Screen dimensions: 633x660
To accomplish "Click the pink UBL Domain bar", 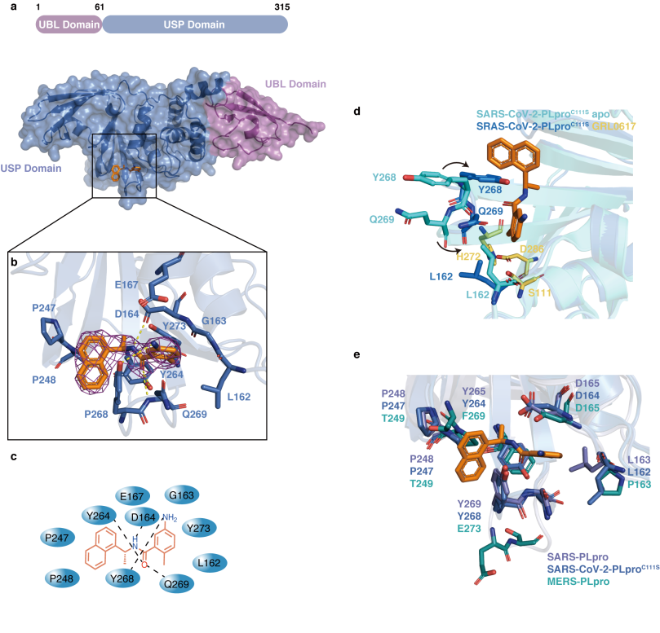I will pyautogui.click(x=67, y=25).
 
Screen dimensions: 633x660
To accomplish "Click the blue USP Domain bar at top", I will pyautogui.click(x=194, y=25).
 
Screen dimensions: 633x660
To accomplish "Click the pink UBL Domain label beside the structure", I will pyautogui.click(x=295, y=84).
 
